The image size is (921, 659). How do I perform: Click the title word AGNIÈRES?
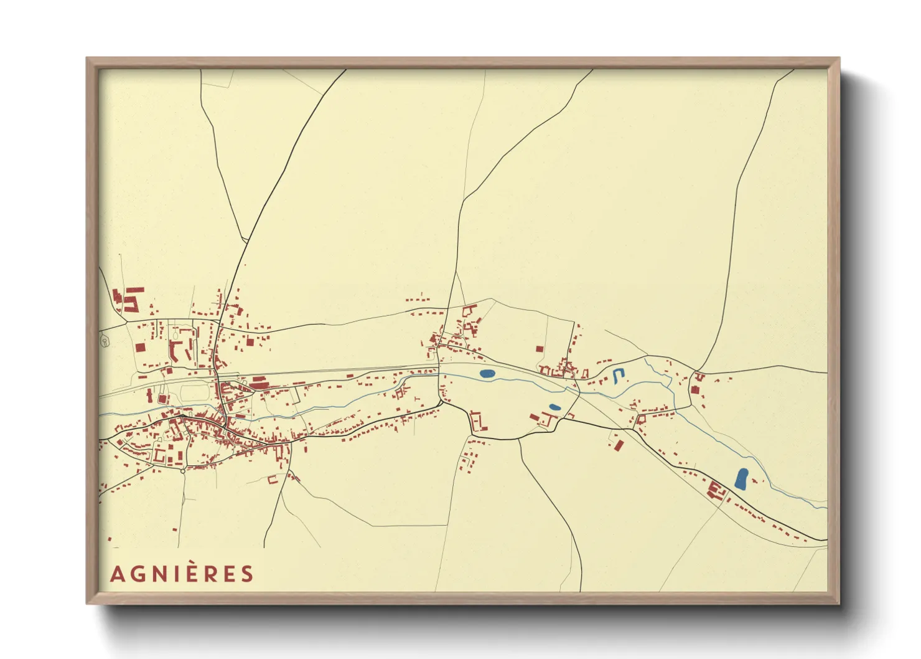182,574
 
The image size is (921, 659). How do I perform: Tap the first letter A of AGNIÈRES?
116,574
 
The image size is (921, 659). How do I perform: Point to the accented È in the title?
190,572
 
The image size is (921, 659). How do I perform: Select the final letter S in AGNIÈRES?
248,574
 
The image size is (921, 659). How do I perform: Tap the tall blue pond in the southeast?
741,478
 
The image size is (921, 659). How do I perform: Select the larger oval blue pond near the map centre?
487,374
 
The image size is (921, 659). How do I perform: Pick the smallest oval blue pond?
554,407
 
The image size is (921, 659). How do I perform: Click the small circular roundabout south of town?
182,471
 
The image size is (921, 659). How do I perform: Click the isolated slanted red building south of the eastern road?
619,445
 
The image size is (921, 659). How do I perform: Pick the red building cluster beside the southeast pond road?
716,491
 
